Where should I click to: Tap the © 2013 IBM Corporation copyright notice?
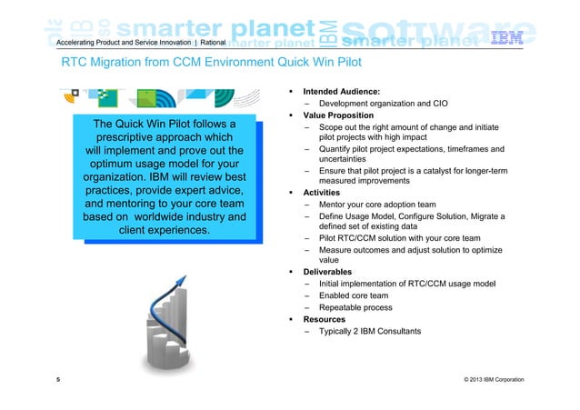pyautogui.click(x=494, y=377)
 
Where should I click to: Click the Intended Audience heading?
pyautogui.click(x=341, y=92)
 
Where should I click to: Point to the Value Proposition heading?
pyautogui.click(x=339, y=115)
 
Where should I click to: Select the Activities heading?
pyautogui.click(x=322, y=193)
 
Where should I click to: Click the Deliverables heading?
pyautogui.click(x=329, y=271)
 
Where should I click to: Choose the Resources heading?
pyautogui.click(x=325, y=319)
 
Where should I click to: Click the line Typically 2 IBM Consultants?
pyautogui.click(x=369, y=331)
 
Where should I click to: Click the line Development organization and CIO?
pyautogui.click(x=386, y=104)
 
